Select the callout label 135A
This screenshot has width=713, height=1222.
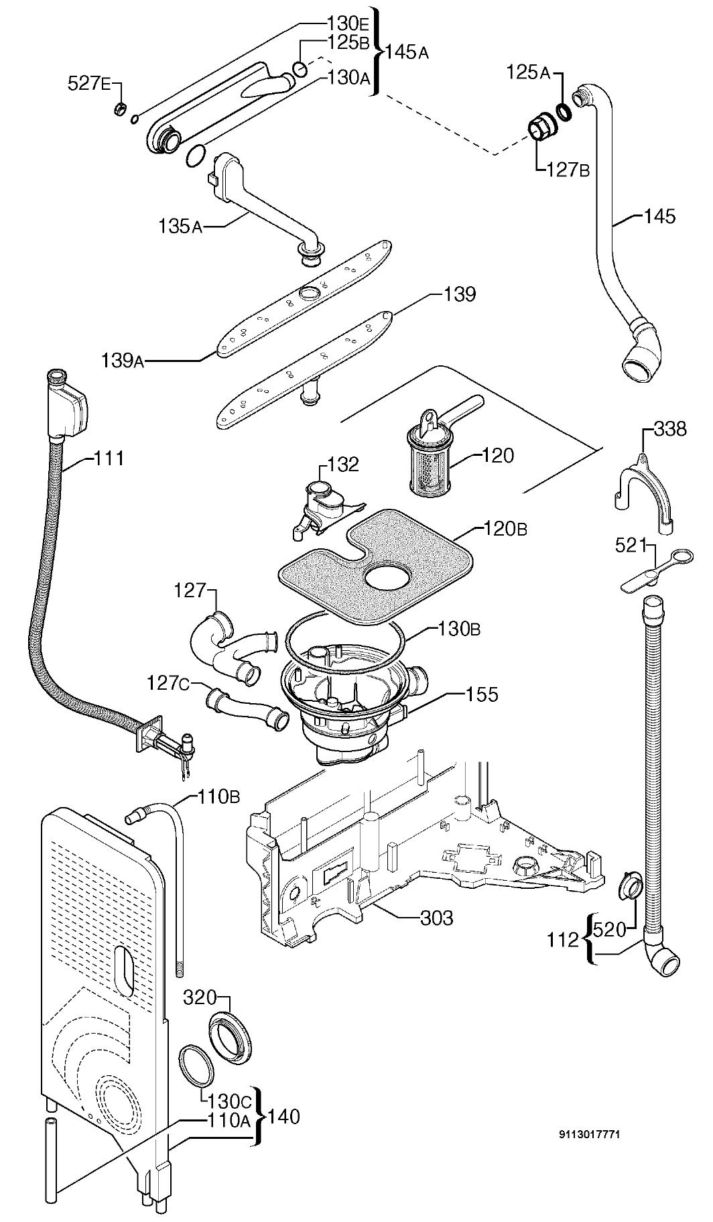pos(180,227)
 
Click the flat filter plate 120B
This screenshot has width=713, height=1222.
pos(379,560)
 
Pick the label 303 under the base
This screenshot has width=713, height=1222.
pos(436,917)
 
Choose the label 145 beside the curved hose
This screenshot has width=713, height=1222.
pos(659,216)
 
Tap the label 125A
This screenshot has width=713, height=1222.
pos(528,73)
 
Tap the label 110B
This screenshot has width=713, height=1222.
pos(218,797)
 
